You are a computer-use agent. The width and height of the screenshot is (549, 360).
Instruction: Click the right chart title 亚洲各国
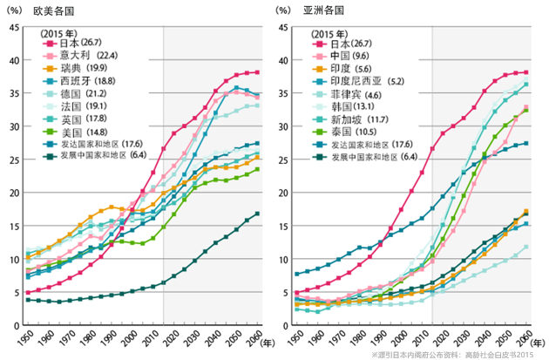323,11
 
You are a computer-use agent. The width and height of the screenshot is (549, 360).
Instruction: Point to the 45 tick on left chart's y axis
13,27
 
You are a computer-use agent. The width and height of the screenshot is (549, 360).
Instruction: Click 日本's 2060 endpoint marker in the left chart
257,72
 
